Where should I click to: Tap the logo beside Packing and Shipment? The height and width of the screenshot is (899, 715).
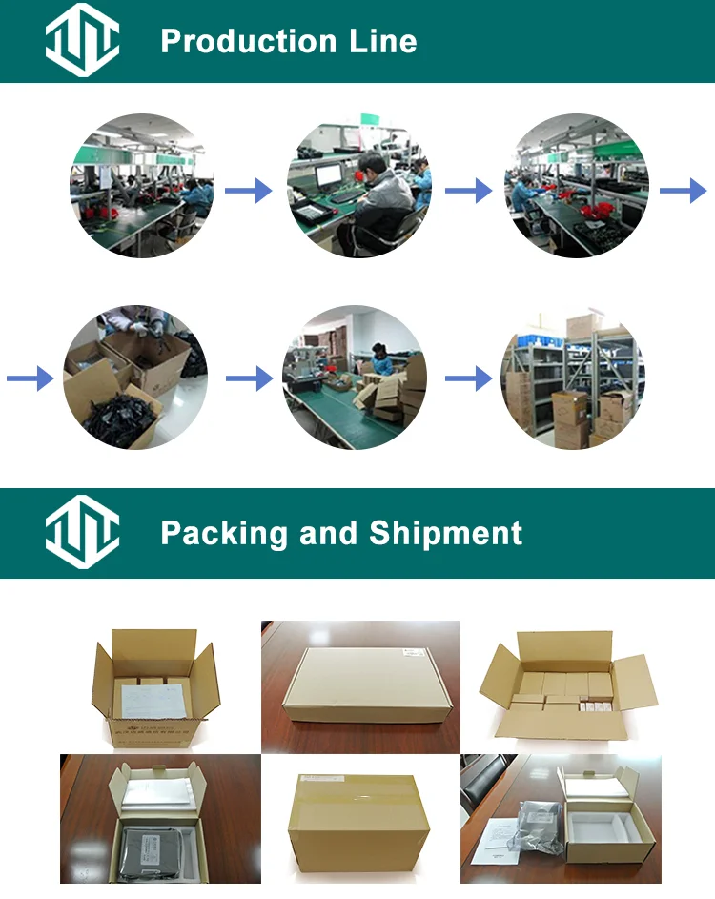[x=83, y=532]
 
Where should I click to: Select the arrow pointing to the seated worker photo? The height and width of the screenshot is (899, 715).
[x=248, y=192]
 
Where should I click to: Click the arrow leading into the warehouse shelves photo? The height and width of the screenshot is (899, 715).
[x=468, y=378]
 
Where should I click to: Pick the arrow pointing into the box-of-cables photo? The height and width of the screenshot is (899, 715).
[x=30, y=379]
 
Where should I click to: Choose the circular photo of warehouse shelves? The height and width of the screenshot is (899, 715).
[x=572, y=378]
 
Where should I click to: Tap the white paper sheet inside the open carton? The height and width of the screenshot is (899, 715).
[x=150, y=700]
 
